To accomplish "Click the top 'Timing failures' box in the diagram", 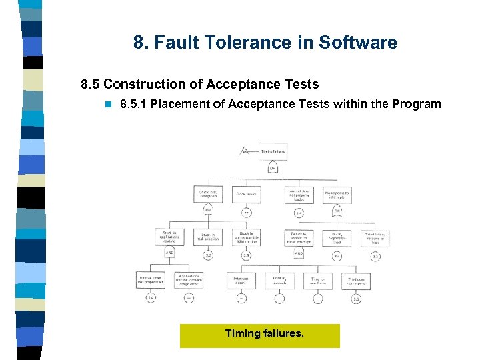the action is pos(273,151).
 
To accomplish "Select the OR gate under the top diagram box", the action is pos(273,168).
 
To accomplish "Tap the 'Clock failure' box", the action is pos(247,194).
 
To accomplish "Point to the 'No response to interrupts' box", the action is pos(337,194).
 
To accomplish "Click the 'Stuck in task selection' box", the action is pos(208,237).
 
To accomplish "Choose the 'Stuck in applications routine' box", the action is pos(169,237).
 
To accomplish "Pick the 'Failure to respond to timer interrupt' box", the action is pos(298,237).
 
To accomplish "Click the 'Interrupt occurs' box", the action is pos(241,279).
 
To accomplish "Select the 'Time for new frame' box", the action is pos(319,279).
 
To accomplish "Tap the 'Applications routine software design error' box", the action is pos(189,279).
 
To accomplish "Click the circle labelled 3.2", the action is pos(208,255).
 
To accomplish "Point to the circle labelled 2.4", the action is pos(151,298).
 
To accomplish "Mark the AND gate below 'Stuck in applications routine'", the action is pos(169,253).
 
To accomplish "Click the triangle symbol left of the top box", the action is pos(244,151).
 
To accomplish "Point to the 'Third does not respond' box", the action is pos(357,279).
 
